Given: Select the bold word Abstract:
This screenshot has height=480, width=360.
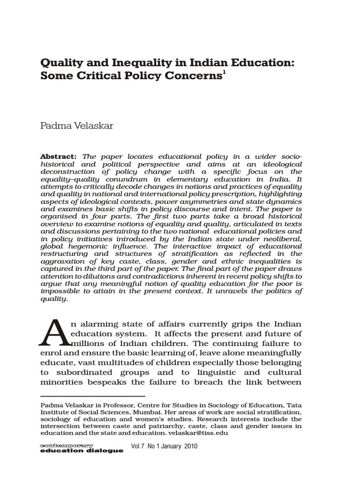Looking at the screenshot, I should [59, 156].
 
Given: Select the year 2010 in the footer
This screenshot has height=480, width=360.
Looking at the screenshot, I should [188, 447].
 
